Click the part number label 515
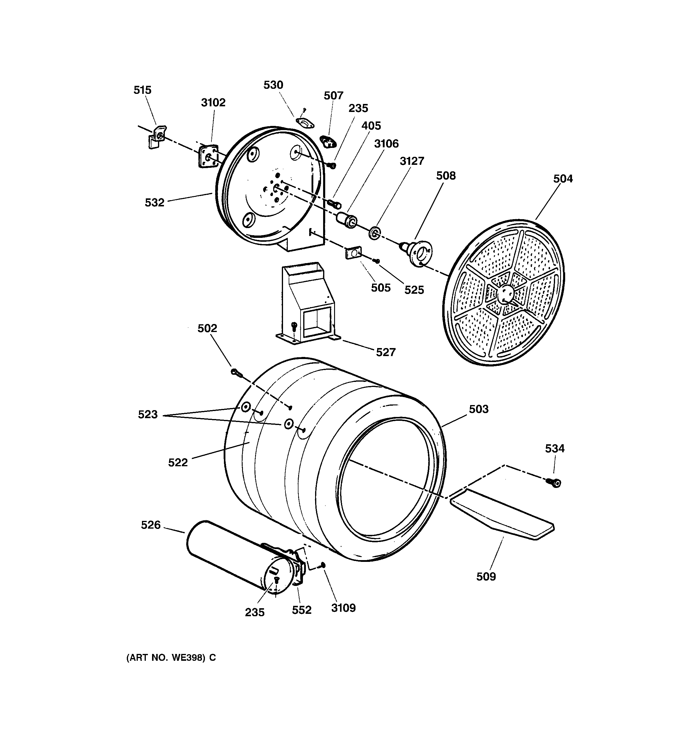coord(142,90)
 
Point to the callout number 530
coord(273,85)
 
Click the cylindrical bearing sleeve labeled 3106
coord(347,220)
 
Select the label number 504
coord(563,179)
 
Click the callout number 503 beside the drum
coord(478,409)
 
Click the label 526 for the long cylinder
coord(151,525)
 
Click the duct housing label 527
coord(386,352)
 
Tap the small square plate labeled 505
coord(353,253)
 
